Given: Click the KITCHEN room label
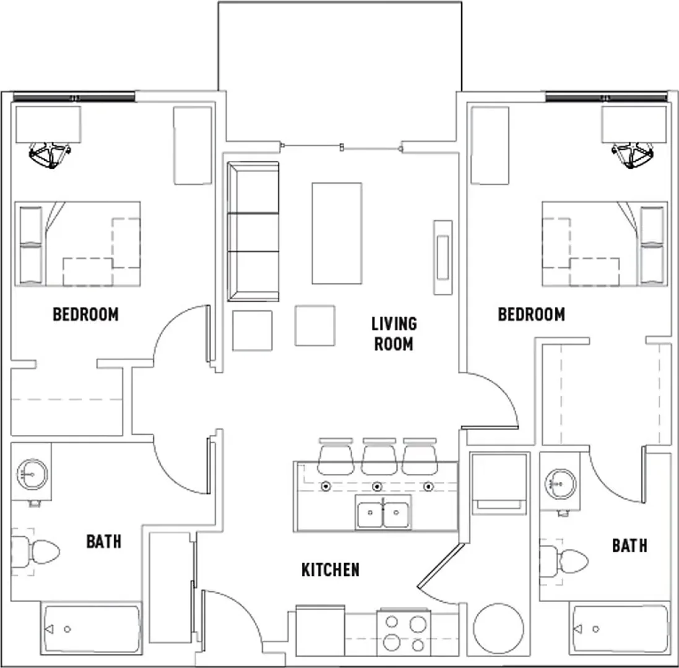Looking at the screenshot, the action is tap(331, 570).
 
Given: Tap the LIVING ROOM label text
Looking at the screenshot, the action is tap(394, 334).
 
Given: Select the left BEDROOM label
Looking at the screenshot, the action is tap(86, 315).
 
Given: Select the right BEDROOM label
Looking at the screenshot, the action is tap(531, 315).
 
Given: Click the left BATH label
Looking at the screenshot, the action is tap(104, 541).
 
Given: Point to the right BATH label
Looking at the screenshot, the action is tap(629, 546).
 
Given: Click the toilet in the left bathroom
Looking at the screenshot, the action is tap(35, 551).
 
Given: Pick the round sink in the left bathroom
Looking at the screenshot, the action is tap(32, 474).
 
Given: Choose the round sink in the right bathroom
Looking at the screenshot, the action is tap(561, 483).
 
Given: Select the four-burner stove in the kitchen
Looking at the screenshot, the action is tap(404, 633).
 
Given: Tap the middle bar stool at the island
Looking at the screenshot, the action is tap(379, 456).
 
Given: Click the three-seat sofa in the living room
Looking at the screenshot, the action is tap(253, 231).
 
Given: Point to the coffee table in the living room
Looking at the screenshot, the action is tap(337, 233).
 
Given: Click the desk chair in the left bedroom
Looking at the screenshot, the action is tap(50, 155).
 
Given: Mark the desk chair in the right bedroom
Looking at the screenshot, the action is tap(633, 155).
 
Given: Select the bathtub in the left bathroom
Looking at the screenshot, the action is tap(92, 628).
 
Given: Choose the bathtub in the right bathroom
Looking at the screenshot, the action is tap(620, 628).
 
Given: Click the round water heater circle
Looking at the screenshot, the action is tap(498, 628).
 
